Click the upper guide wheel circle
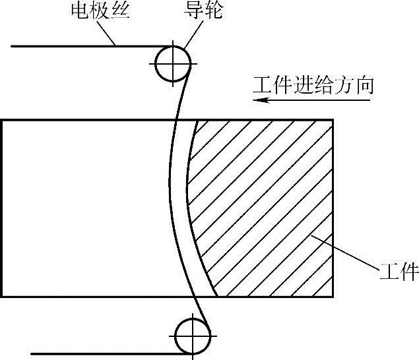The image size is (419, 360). pyautogui.click(x=173, y=63)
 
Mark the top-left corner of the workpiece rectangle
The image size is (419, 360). pyautogui.click(x=2, y=120)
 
